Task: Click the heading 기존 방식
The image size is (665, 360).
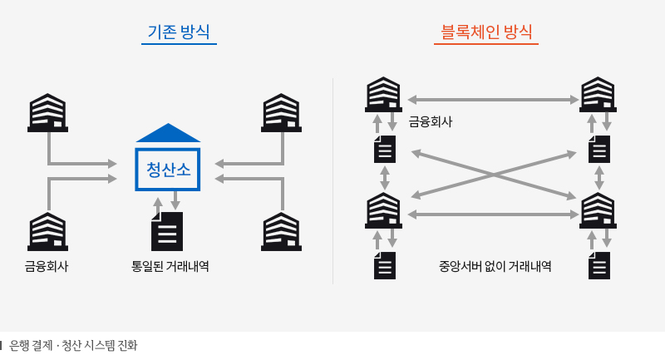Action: tap(178, 32)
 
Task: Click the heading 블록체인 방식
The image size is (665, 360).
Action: tap(486, 32)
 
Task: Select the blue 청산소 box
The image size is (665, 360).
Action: tap(168, 170)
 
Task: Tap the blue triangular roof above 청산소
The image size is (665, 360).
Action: tap(168, 133)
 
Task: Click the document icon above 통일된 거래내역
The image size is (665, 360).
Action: tap(167, 231)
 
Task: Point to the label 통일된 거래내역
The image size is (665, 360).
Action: tap(170, 267)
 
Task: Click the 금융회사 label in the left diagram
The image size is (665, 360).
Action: tap(47, 267)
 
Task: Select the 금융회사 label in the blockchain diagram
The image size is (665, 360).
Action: tap(430, 122)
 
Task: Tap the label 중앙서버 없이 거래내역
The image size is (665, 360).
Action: tap(495, 267)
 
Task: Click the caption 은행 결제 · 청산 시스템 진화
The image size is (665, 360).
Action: tap(73, 345)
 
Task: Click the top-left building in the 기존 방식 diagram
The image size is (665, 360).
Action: tap(47, 113)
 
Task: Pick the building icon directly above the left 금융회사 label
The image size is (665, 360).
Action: tap(47, 231)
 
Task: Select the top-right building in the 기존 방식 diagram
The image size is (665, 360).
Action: tap(282, 113)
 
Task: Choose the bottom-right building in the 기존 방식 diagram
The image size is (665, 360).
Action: tap(282, 231)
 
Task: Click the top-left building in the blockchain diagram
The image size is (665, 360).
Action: tap(383, 94)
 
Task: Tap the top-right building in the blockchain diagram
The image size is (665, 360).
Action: tap(598, 94)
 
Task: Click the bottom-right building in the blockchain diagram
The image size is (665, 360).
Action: tap(598, 210)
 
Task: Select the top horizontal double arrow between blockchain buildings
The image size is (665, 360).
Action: tap(493, 100)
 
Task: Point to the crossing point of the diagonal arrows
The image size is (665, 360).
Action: tap(494, 175)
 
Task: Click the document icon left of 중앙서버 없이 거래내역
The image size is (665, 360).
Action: tap(384, 265)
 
